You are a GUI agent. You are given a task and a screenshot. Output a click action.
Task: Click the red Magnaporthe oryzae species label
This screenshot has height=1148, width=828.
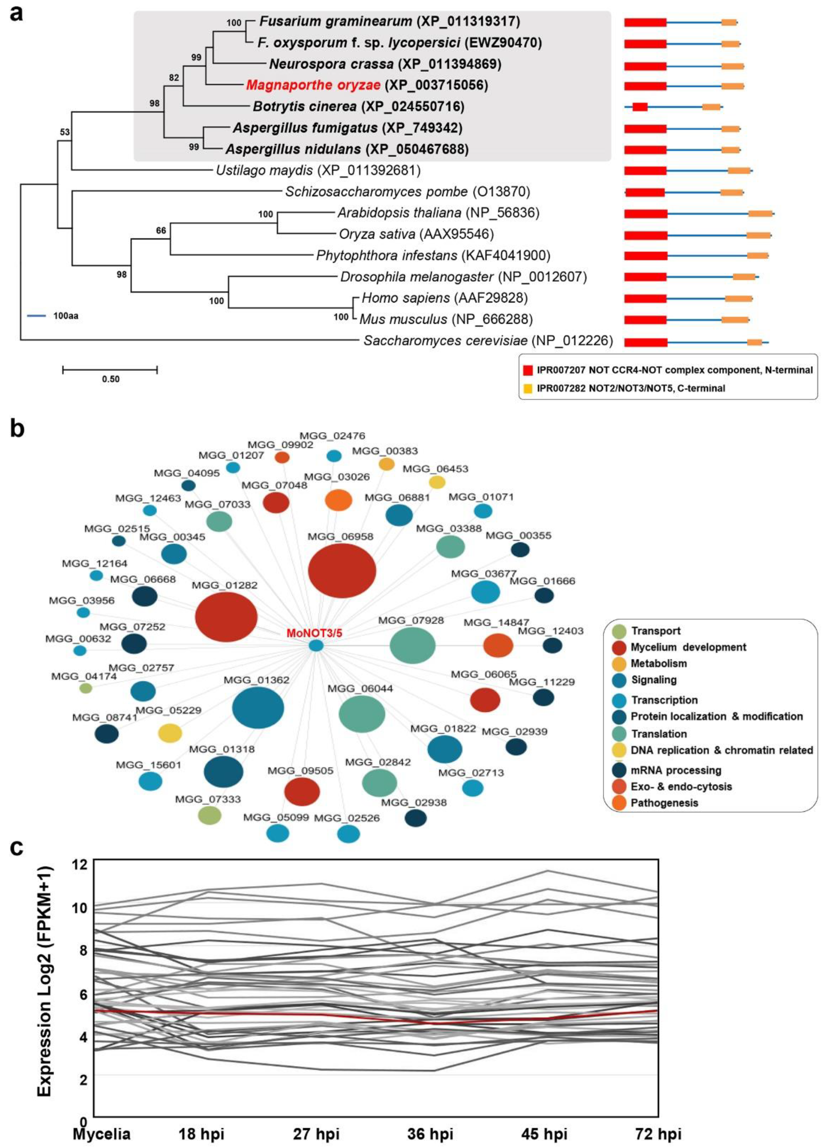[x=313, y=85]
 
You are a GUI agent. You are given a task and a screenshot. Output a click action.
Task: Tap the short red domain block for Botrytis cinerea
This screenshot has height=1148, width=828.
[x=640, y=107]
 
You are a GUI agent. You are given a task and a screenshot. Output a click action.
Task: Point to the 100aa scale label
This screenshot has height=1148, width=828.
[x=66, y=316]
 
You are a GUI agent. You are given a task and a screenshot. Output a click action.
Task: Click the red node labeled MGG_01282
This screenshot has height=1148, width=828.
[x=226, y=617]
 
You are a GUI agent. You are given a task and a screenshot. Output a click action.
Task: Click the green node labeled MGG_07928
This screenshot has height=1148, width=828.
[x=412, y=645]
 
